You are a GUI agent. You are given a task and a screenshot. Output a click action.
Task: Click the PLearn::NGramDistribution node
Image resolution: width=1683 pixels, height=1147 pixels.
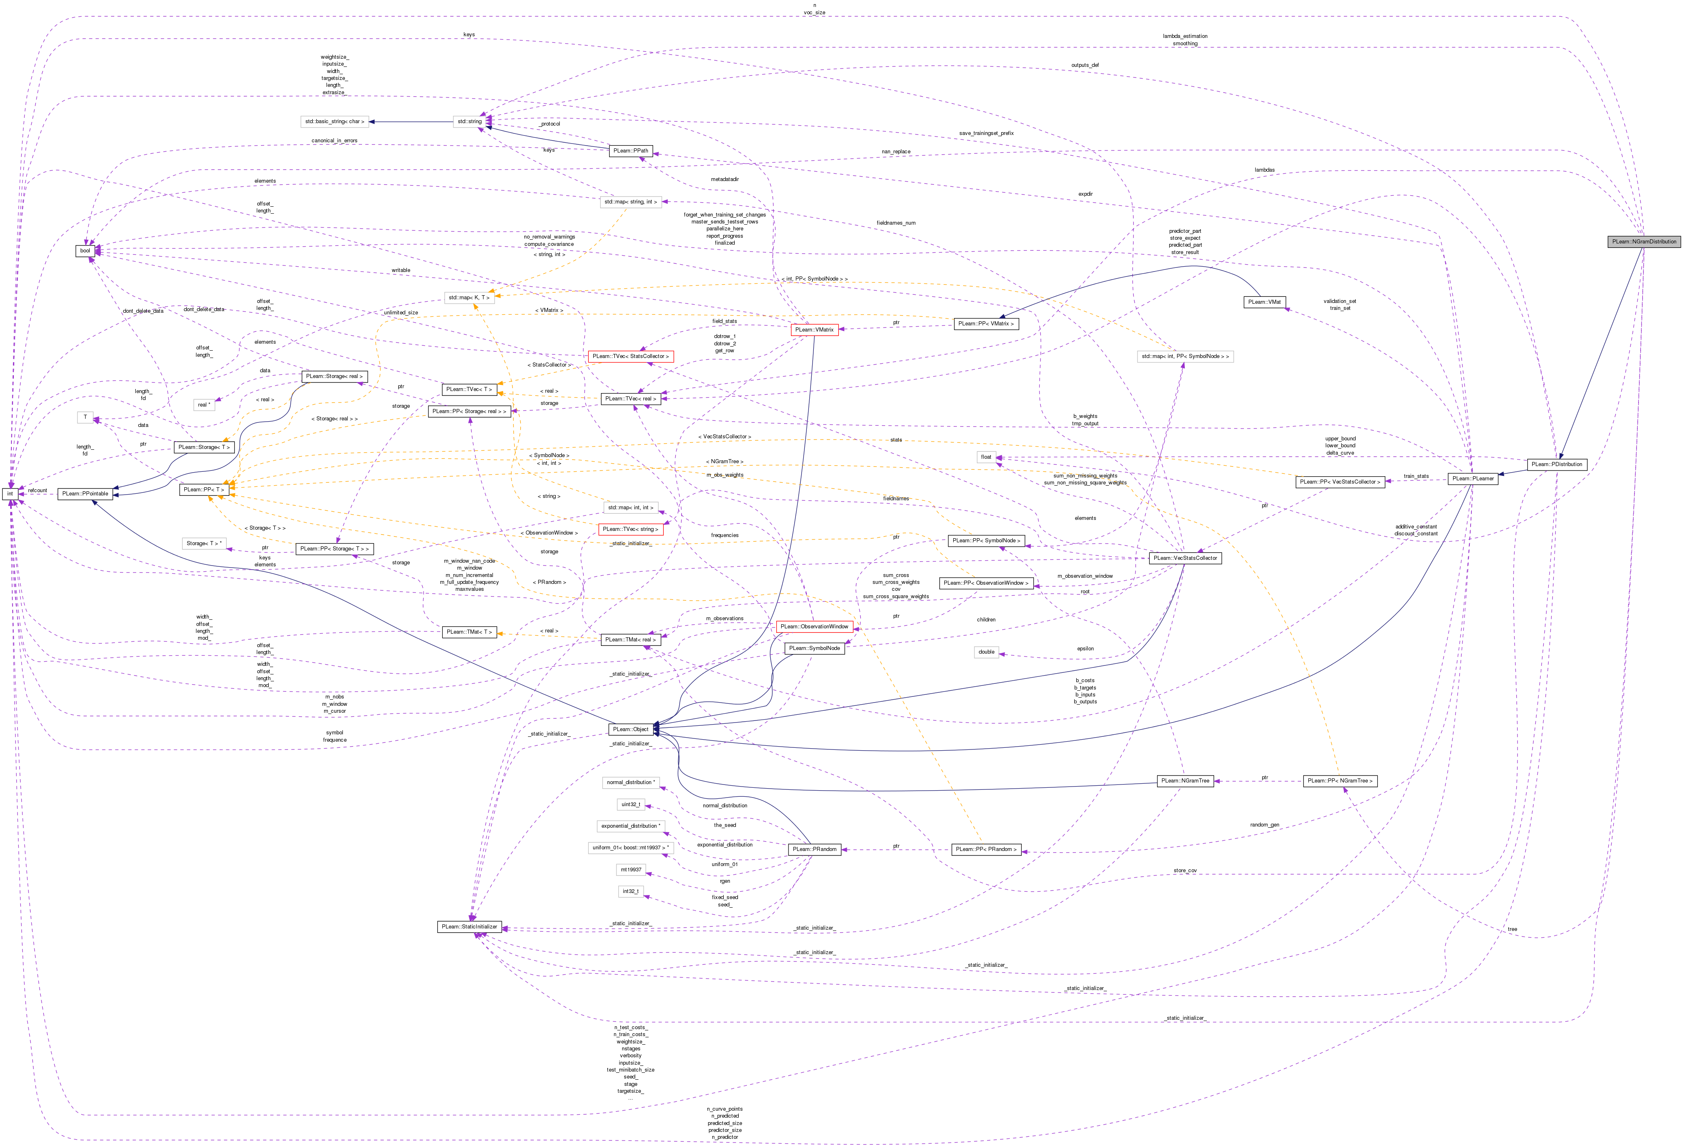tap(1643, 241)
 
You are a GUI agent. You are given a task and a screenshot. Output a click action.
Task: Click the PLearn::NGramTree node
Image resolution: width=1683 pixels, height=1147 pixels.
tap(1185, 780)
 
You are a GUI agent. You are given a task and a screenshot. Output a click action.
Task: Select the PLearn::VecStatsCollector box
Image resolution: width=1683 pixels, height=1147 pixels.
tap(1185, 558)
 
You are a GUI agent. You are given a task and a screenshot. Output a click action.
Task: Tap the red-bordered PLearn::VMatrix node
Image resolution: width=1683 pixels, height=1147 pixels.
tap(814, 329)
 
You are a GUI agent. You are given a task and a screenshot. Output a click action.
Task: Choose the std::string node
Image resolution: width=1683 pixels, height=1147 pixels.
tap(469, 122)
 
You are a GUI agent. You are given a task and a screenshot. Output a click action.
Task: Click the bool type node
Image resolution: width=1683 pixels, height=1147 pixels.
tap(86, 250)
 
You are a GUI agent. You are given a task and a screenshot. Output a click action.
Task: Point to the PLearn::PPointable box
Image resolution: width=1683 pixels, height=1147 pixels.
tap(85, 494)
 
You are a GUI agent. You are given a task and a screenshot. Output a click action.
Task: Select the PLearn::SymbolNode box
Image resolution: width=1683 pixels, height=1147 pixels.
tap(814, 648)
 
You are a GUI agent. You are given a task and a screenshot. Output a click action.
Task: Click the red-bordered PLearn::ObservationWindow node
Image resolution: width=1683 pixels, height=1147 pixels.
tap(814, 626)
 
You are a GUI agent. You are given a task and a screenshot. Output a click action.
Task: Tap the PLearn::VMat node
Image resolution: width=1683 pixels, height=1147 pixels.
tap(1264, 302)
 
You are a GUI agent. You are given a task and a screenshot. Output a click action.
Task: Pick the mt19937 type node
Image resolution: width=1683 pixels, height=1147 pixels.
tap(630, 870)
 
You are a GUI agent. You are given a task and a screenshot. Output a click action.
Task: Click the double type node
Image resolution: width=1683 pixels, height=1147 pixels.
tap(986, 652)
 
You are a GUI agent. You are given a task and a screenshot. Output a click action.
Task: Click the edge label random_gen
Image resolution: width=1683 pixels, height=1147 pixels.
tap(1264, 825)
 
